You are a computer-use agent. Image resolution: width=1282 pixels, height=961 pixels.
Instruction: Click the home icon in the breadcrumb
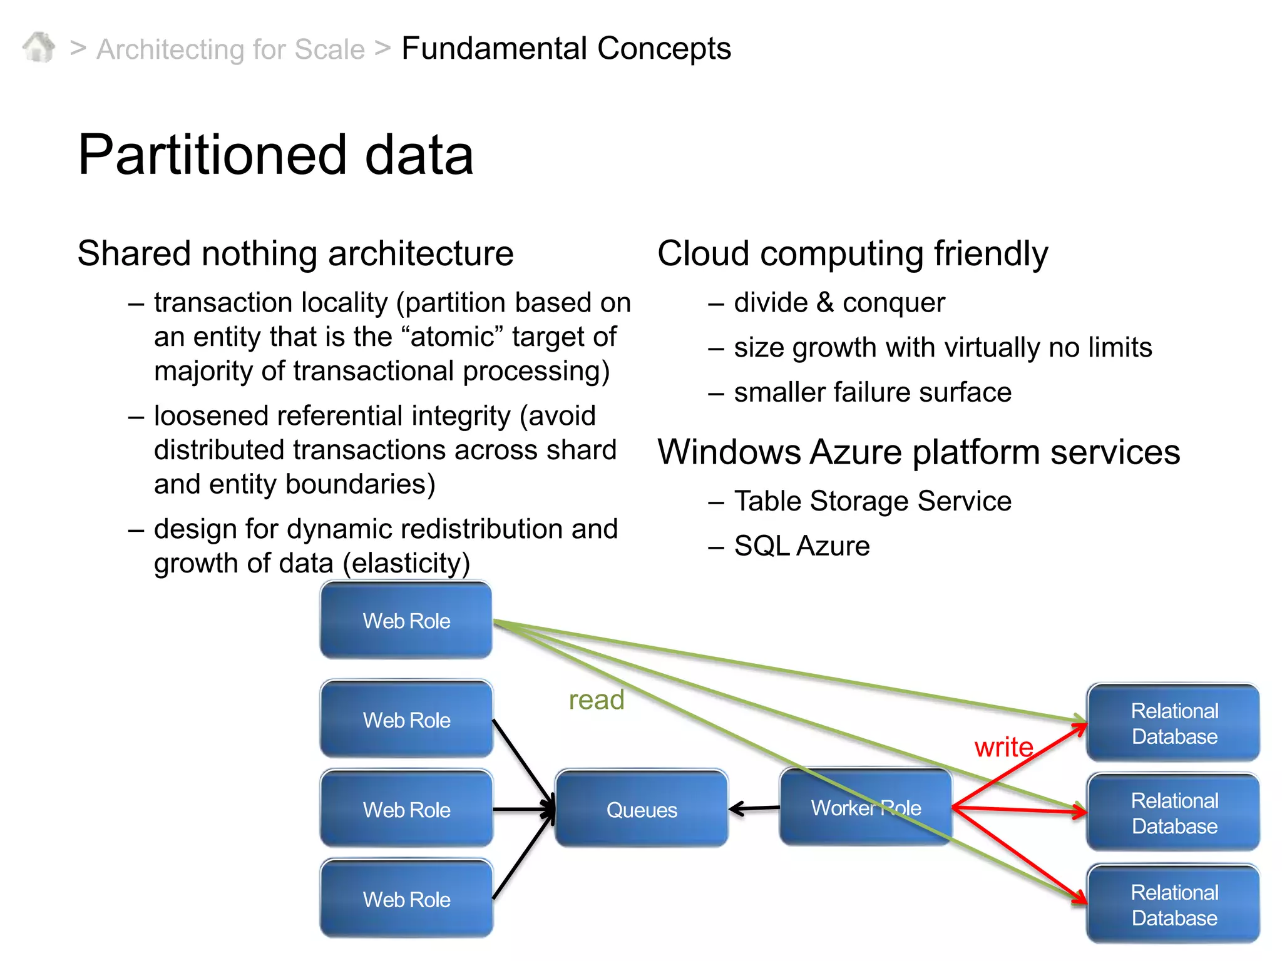(x=39, y=48)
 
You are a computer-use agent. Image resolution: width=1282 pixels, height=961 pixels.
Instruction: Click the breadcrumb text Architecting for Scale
(x=230, y=49)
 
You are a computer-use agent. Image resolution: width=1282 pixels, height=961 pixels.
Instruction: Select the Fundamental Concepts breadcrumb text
(x=566, y=48)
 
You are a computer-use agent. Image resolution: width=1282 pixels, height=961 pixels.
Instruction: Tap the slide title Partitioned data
(x=275, y=155)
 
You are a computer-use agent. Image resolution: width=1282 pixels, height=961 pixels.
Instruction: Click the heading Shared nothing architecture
(x=295, y=253)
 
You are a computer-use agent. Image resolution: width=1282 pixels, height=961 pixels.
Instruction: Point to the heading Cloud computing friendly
(x=852, y=253)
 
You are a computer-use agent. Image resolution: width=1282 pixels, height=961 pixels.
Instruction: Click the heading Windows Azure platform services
(x=918, y=452)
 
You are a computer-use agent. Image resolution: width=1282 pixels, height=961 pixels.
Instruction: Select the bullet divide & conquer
(x=839, y=303)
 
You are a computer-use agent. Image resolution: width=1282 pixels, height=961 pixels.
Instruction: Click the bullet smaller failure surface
(x=872, y=392)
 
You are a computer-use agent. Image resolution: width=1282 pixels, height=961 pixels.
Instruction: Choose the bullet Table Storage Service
(x=872, y=501)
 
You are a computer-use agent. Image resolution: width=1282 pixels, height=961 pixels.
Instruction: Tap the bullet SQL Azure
(x=801, y=546)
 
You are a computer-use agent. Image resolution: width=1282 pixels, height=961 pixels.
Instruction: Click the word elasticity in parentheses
(x=406, y=563)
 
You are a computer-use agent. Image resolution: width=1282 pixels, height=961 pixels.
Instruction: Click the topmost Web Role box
(x=406, y=620)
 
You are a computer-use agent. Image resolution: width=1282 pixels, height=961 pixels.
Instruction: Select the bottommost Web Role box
(x=406, y=899)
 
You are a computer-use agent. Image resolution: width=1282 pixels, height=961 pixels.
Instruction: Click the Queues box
(x=642, y=810)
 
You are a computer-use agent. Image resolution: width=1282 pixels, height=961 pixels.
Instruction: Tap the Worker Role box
(x=865, y=808)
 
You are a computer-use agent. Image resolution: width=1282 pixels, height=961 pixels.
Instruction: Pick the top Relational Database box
(x=1174, y=723)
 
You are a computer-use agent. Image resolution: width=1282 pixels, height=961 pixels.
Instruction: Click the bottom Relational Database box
(x=1174, y=905)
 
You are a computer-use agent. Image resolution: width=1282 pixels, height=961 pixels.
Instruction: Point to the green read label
(x=596, y=700)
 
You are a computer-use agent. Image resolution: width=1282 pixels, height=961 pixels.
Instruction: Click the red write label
(x=1003, y=747)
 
